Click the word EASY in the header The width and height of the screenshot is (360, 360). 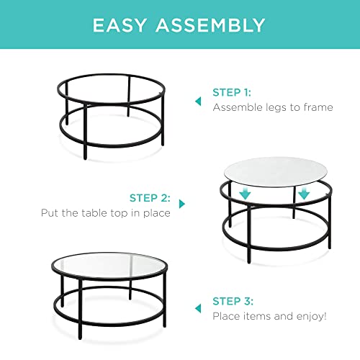pos(125,25)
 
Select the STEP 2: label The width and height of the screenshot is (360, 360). pos(150,197)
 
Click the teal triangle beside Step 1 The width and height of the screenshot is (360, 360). pos(198,102)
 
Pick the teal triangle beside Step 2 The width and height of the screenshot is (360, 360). pos(181,205)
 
